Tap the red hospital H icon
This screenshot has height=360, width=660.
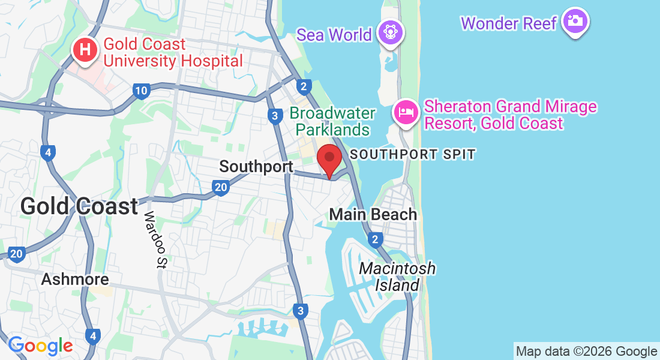(x=86, y=50)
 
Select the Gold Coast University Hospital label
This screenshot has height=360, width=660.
(x=173, y=52)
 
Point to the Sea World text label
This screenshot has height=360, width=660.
(x=334, y=35)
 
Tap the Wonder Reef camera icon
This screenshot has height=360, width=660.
(x=575, y=22)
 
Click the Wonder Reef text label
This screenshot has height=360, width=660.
(x=509, y=23)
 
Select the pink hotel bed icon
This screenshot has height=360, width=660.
(x=406, y=112)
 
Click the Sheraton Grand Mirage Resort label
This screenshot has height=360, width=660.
(x=510, y=115)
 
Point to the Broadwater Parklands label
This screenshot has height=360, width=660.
(x=332, y=121)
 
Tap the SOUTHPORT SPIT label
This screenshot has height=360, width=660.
(x=413, y=154)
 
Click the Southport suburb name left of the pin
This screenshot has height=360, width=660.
(x=256, y=166)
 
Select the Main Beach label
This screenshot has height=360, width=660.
(x=373, y=214)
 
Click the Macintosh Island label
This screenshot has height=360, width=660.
(x=397, y=277)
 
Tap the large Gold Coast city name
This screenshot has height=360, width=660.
(x=79, y=206)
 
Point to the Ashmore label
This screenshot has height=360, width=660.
(x=75, y=279)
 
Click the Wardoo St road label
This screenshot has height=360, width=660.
(x=155, y=240)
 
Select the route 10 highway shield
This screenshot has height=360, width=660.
(x=141, y=91)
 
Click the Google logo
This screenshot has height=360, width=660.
(x=40, y=346)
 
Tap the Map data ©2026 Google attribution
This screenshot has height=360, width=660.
(x=586, y=352)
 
